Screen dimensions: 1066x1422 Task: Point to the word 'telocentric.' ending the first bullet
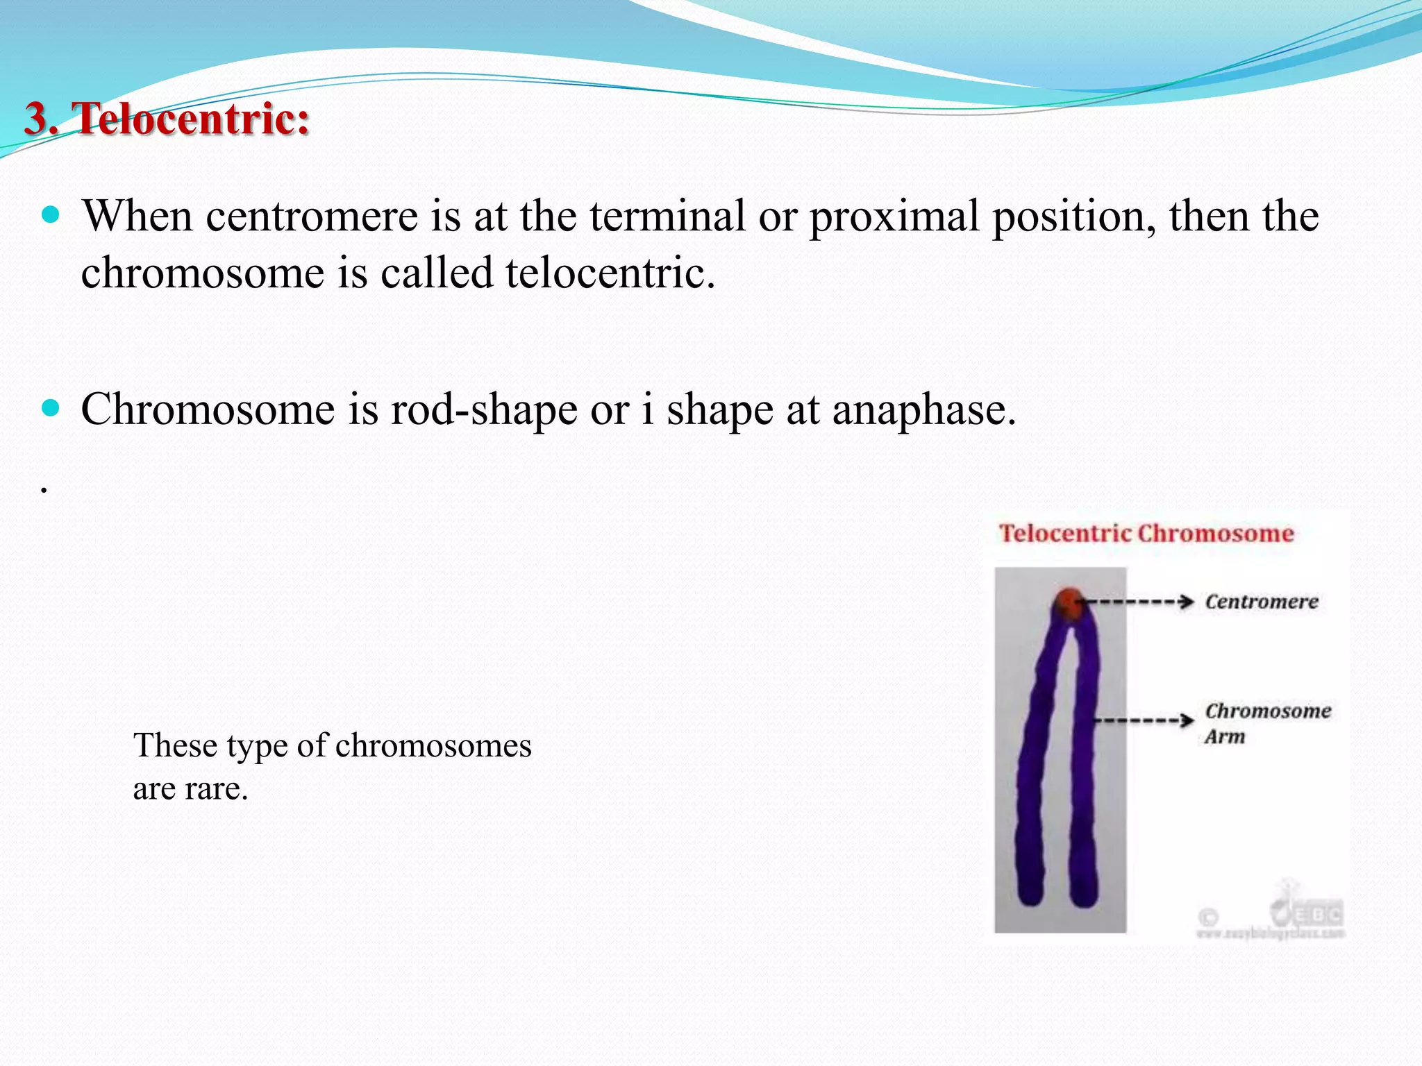tap(610, 273)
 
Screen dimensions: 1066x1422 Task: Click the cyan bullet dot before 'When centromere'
tap(51, 214)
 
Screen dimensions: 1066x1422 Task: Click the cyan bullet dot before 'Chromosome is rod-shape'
tap(51, 407)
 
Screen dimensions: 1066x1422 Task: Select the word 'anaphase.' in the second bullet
tap(924, 409)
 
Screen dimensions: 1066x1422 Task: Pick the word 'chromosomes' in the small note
tap(433, 745)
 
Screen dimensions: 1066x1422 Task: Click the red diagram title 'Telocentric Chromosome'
tap(1146, 533)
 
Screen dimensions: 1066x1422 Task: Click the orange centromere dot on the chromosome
tap(1070, 602)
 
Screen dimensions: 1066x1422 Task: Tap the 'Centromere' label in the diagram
tap(1261, 602)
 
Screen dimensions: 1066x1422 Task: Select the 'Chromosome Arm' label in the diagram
tap(1266, 722)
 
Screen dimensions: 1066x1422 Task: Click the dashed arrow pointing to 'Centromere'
tap(1139, 602)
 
